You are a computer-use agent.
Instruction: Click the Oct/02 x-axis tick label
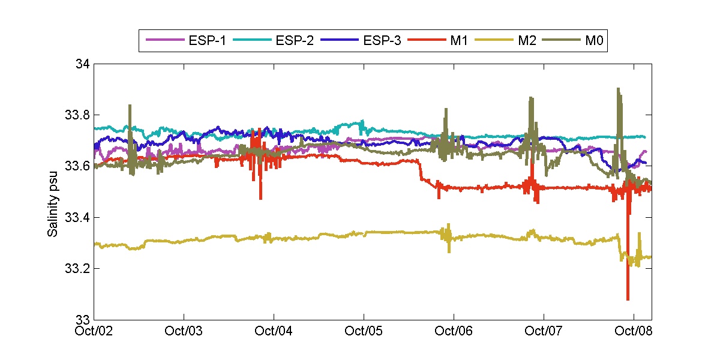(x=95, y=331)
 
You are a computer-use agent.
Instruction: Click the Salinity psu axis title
(x=53, y=191)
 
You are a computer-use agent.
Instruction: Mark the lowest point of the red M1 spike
(x=628, y=299)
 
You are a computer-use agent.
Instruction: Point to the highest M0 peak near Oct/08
(x=618, y=89)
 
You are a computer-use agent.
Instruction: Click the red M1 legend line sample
(x=425, y=40)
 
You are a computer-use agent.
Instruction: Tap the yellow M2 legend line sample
(x=491, y=40)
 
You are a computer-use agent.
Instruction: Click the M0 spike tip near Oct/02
(x=130, y=105)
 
